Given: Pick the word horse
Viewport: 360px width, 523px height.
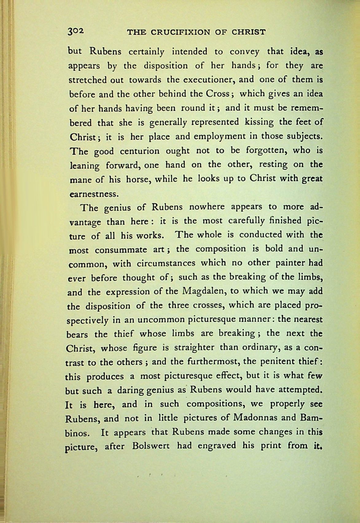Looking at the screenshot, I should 138,179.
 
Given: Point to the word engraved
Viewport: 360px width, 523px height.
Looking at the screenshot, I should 217,445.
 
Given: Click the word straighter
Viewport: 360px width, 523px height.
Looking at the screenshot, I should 194,348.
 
